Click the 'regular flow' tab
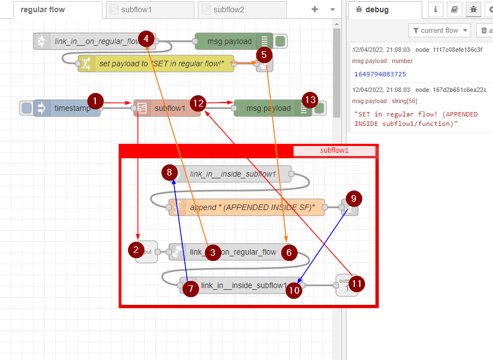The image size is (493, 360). click(43, 9)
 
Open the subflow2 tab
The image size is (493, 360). click(228, 9)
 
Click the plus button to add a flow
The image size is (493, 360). click(315, 9)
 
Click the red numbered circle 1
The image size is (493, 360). click(96, 101)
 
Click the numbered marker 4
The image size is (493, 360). click(146, 38)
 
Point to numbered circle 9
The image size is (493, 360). click(354, 198)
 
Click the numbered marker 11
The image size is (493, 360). click(357, 284)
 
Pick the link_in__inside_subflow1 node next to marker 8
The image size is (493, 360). click(233, 174)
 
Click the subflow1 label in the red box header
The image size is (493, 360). click(334, 150)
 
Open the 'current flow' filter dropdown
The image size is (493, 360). click(440, 31)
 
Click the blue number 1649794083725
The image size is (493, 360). click(380, 74)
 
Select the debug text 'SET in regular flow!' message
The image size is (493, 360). click(416, 119)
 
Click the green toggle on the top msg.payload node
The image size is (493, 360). click(280, 41)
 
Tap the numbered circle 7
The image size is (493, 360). click(191, 289)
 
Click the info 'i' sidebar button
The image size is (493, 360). click(435, 9)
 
